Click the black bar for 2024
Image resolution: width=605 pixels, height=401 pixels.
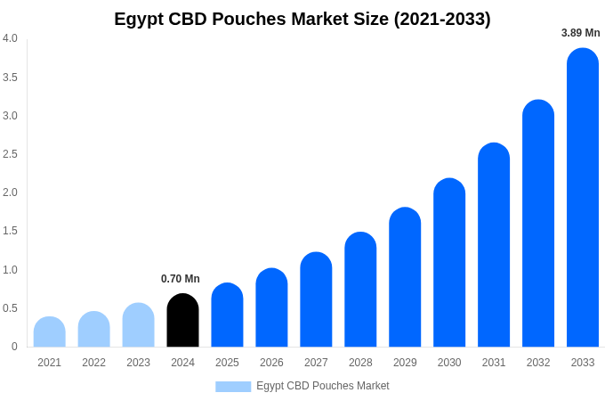182,321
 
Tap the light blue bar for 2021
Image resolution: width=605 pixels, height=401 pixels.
50,332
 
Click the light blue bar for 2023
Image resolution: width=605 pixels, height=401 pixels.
138,325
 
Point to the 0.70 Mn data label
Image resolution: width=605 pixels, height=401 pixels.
181,279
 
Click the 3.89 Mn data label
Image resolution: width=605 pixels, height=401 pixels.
580,33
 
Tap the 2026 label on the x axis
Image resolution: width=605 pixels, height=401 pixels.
271,363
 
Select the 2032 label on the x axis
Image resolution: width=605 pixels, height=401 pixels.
538,363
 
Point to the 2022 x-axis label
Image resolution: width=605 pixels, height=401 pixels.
93,363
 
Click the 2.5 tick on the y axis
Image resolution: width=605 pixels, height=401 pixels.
10,154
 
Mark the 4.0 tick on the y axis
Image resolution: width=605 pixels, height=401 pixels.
10,38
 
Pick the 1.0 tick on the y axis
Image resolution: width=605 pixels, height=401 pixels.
10,270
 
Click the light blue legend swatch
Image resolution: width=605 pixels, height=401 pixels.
233,387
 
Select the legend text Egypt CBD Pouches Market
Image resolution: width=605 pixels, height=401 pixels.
323,386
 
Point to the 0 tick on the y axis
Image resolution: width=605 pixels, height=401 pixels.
14,347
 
